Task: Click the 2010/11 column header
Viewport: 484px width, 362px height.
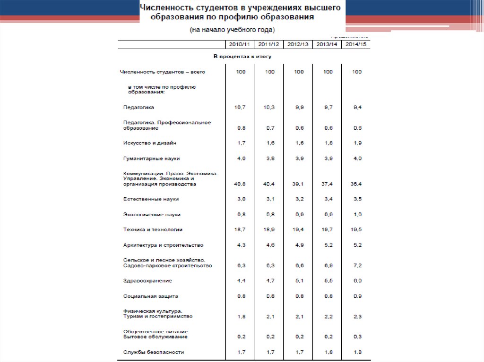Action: pos(240,44)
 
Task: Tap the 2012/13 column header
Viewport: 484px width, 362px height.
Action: pos(298,44)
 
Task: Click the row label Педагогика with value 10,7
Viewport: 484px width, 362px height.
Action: pos(138,108)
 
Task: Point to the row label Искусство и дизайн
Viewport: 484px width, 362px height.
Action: pos(146,143)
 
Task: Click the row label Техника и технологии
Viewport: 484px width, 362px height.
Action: pos(153,230)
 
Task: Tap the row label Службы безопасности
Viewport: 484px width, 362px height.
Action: pos(153,353)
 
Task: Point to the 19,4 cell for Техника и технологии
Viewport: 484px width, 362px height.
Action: pos(299,230)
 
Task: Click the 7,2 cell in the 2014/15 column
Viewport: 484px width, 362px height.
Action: pos(357,266)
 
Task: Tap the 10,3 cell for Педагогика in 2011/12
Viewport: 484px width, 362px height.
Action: pos(269,108)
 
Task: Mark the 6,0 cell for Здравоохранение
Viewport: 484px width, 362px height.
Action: pos(357,281)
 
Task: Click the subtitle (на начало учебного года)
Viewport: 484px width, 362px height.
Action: pos(232,30)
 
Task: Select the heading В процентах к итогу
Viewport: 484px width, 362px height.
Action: pos(243,57)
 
